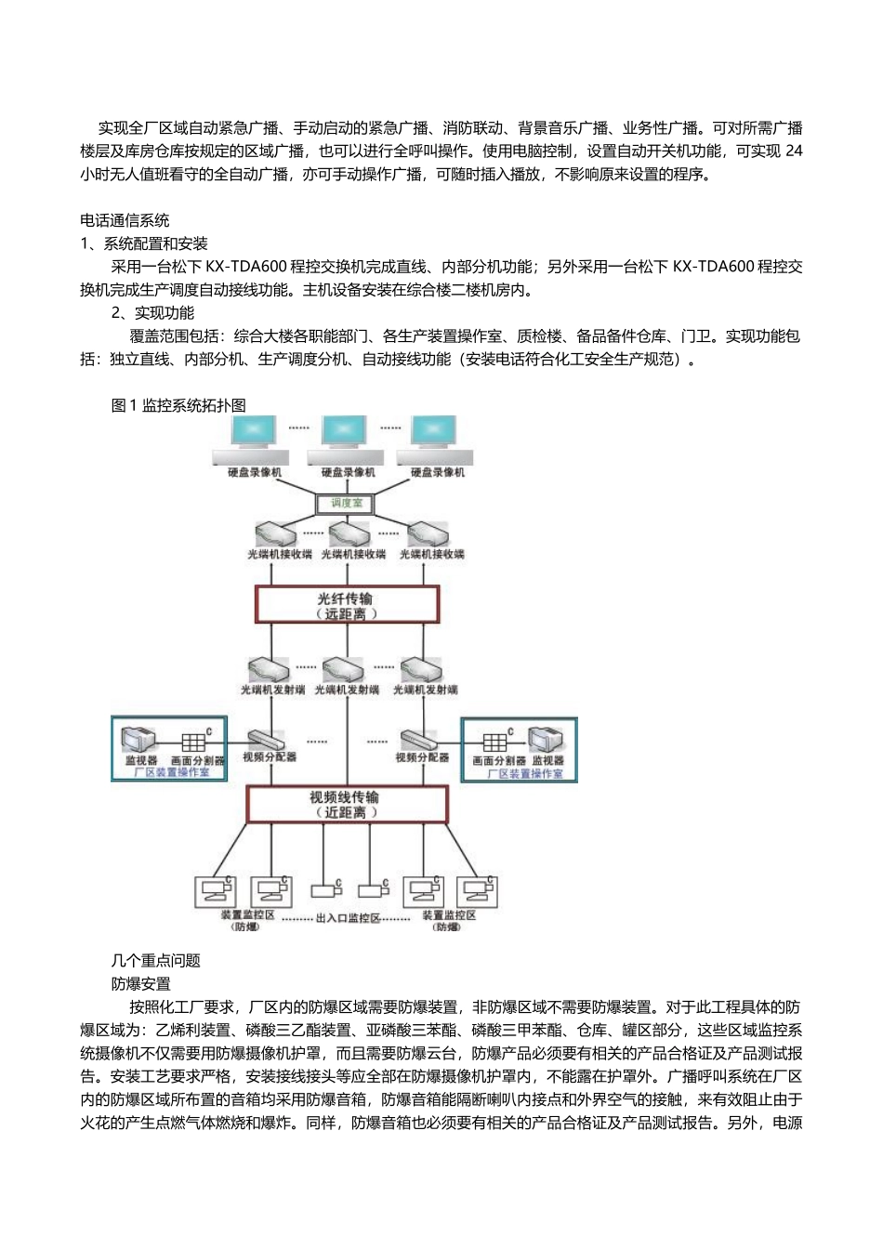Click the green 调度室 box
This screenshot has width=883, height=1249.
point(347,504)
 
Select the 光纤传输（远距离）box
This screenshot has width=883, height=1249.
point(346,605)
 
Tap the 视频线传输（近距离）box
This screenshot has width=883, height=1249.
point(346,804)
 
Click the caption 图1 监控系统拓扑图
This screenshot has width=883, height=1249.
point(178,405)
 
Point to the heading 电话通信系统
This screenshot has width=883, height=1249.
point(125,220)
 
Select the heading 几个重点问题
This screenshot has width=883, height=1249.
point(155,960)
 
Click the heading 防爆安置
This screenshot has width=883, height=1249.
point(140,983)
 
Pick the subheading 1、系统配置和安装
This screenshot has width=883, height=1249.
point(144,243)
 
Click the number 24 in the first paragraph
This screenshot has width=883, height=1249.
point(794,151)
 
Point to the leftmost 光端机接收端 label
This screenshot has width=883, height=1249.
point(279,554)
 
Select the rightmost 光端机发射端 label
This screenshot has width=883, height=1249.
point(426,690)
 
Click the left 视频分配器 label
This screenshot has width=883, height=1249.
point(270,757)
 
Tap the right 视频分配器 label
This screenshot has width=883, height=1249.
point(422,757)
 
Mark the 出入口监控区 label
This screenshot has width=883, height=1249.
point(349,919)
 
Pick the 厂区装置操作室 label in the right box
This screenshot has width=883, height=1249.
point(525,773)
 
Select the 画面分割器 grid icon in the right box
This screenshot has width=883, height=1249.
point(494,743)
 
